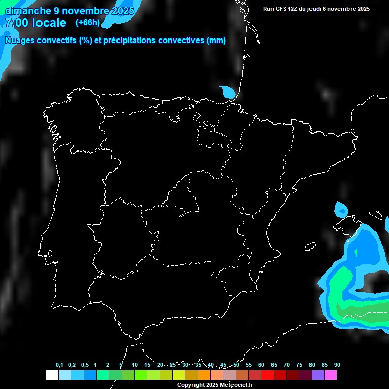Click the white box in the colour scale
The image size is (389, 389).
52,375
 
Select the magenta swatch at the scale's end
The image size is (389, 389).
331,375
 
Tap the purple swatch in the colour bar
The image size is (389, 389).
318,375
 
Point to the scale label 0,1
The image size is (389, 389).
59,365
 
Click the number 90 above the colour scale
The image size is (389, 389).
337,365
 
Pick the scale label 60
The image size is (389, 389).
261,365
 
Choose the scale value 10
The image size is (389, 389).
135,365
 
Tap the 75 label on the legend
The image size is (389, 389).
299,365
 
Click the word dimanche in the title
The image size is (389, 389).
28,11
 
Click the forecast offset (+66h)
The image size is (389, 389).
88,23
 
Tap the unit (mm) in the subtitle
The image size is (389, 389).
216,41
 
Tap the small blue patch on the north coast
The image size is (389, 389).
228,92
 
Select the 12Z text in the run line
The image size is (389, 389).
293,9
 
